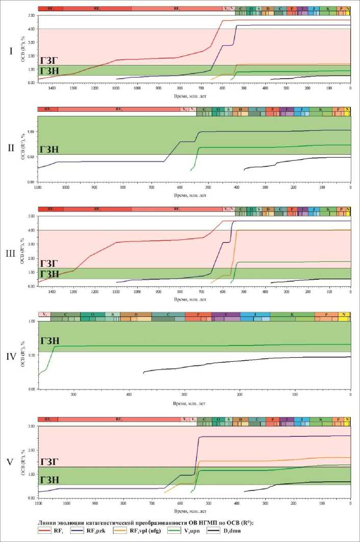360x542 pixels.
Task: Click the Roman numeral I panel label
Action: click(x=11, y=51)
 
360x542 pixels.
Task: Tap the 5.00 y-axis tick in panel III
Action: click(x=31, y=216)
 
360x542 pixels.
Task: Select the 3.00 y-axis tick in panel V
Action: click(x=31, y=426)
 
